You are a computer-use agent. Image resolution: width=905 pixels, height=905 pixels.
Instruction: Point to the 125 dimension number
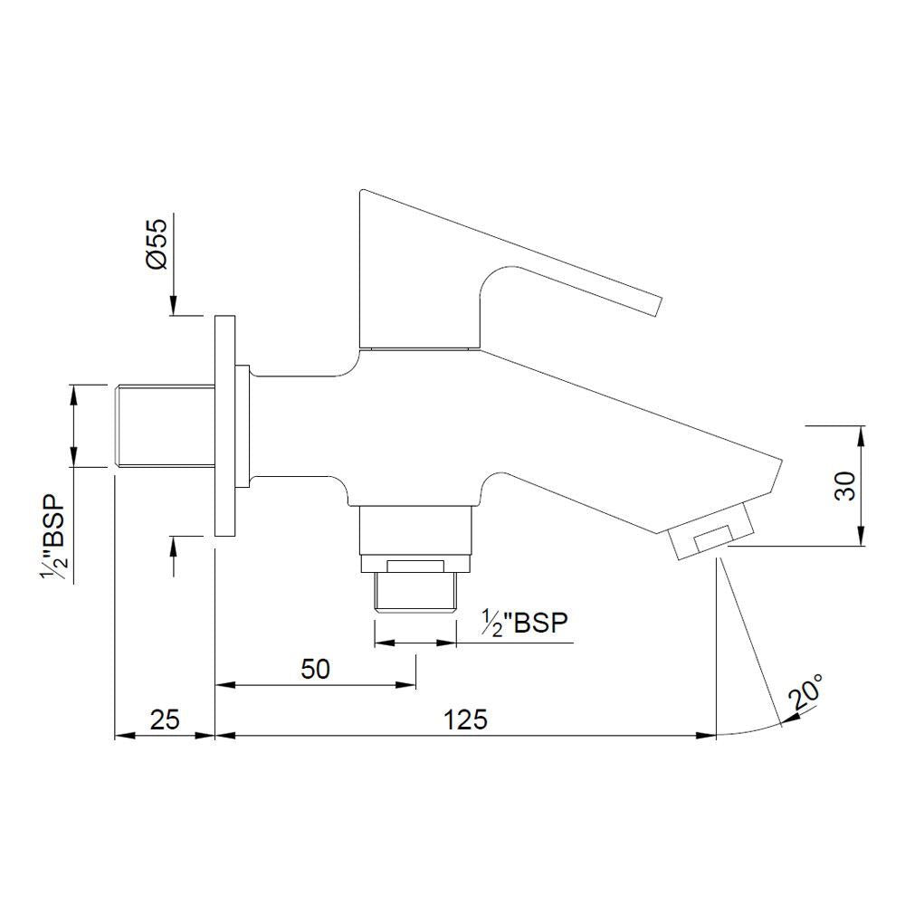(x=466, y=719)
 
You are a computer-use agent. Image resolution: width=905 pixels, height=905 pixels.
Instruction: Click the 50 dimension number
(x=316, y=669)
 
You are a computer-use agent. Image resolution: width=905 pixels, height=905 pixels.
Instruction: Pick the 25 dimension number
(x=164, y=719)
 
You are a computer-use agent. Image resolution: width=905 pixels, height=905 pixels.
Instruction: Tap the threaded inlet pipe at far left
(x=163, y=426)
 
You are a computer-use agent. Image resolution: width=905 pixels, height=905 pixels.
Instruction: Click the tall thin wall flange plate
(x=224, y=425)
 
